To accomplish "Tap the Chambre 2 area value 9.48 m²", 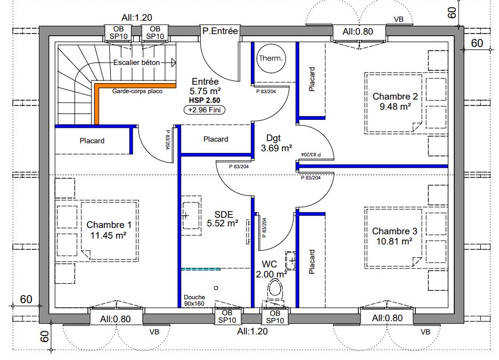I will pyautogui.click(x=395, y=107).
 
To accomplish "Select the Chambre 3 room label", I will pyautogui.click(x=395, y=231).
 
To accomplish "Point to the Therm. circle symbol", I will pyautogui.click(x=271, y=58).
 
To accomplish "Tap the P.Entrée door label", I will pyautogui.click(x=220, y=31).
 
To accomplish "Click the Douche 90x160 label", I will pyautogui.click(x=194, y=301).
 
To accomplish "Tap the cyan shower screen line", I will pyautogui.click(x=200, y=269).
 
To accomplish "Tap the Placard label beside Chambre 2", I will pyautogui.click(x=312, y=79).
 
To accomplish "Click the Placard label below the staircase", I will pyautogui.click(x=92, y=141).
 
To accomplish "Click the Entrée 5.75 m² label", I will pyautogui.click(x=205, y=86).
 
